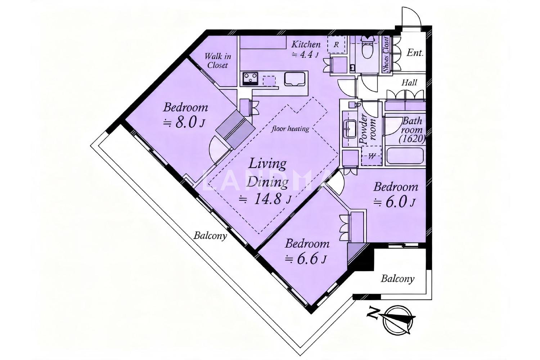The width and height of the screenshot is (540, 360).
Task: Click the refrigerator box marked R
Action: click(x=336, y=44)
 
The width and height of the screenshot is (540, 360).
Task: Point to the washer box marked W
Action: click(x=371, y=156)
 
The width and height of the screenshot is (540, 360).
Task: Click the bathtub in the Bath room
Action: click(x=405, y=157)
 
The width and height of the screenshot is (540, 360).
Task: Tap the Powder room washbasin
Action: click(x=350, y=130)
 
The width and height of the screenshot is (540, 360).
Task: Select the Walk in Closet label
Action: click(x=218, y=61)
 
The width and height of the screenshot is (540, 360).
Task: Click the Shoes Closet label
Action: click(x=386, y=54)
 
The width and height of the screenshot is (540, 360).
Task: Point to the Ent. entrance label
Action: click(x=415, y=53)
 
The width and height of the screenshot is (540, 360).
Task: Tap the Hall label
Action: click(x=409, y=83)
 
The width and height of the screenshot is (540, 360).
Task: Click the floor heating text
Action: click(x=290, y=129)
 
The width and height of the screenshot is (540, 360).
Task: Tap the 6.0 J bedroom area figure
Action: click(x=395, y=202)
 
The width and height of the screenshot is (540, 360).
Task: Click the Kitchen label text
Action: click(x=306, y=44)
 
